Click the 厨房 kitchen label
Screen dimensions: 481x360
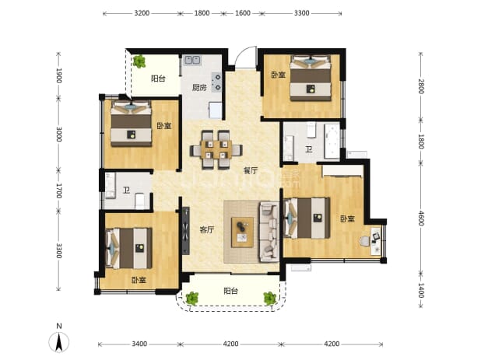199,88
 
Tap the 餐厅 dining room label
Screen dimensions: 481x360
251,170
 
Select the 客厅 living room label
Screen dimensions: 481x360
207,230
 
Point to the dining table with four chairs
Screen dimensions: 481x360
216,150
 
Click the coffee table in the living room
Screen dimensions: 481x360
242,232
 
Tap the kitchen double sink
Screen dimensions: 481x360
192,60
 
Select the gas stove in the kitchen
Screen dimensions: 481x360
216,82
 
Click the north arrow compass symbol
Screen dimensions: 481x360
59,341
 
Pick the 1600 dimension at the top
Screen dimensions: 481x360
243,13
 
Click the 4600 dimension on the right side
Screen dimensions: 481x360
421,218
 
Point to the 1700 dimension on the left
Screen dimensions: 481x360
59,190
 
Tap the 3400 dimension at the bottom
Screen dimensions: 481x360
139,344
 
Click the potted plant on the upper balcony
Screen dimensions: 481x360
139,61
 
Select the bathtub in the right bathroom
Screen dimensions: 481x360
332,141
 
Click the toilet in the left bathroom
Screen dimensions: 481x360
140,201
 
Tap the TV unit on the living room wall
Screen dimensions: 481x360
185,231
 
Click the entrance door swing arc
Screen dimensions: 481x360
244,52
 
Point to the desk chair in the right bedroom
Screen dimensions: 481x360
365,240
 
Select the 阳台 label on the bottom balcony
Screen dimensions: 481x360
230,291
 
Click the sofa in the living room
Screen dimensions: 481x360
269,232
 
